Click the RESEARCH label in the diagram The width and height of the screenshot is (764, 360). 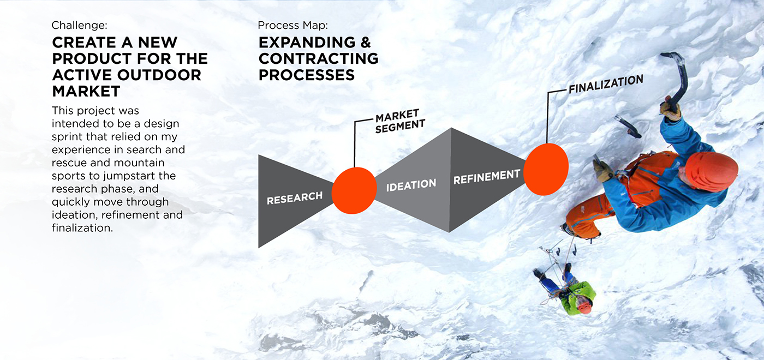coord(295,197)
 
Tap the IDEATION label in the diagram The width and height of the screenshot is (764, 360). coord(411,185)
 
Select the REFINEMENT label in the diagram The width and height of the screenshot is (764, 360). coord(487,176)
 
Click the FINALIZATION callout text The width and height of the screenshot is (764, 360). coord(606,84)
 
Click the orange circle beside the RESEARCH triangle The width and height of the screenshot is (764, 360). coord(354,190)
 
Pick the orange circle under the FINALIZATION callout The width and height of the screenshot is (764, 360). coord(546,169)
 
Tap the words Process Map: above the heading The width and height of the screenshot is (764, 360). coord(293,25)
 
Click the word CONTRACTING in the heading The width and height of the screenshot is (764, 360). coord(318,58)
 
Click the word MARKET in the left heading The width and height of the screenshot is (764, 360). coord(86,91)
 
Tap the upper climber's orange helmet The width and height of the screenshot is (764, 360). coord(711,170)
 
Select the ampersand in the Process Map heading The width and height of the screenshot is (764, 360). coord(363,43)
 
